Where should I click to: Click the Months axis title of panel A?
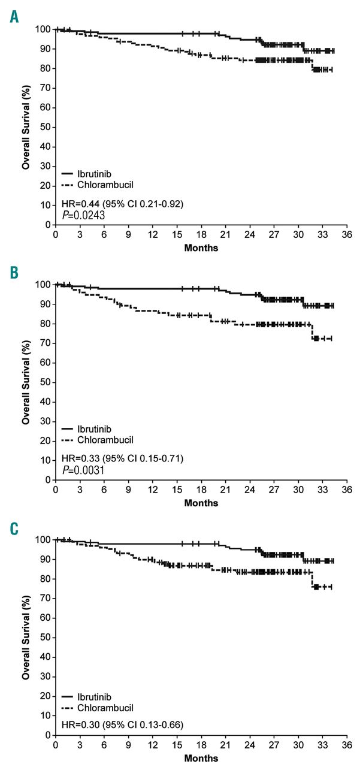pyautogui.click(x=201, y=247)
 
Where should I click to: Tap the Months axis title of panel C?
pyautogui.click(x=201, y=758)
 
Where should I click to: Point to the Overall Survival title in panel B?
pyautogui.click(x=26, y=382)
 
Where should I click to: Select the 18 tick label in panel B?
pyautogui.click(x=201, y=490)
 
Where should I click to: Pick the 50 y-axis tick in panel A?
pyautogui.click(x=44, y=127)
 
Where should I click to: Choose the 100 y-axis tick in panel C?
pyautogui.click(x=42, y=540)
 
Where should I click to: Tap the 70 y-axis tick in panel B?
pyautogui.click(x=44, y=343)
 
